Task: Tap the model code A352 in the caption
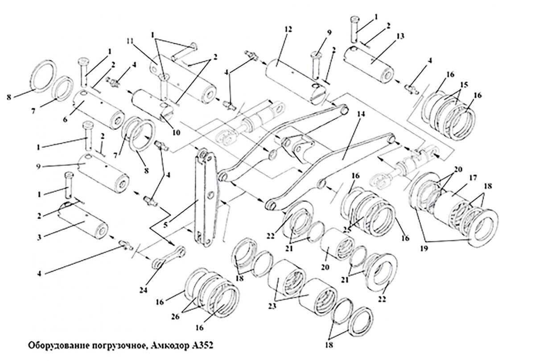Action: pyautogui.click(x=202, y=346)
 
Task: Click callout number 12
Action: pyautogui.click(x=288, y=29)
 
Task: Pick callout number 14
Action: pyautogui.click(x=361, y=114)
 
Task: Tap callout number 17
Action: pyautogui.click(x=473, y=178)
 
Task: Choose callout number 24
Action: pyautogui.click(x=144, y=290)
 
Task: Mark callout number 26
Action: pyautogui.click(x=175, y=316)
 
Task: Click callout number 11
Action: pyautogui.click(x=130, y=41)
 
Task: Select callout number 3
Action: pyautogui.click(x=39, y=237)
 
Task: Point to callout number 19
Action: pyautogui.click(x=424, y=249)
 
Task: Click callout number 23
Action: pyautogui.click(x=272, y=306)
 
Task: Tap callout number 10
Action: pyautogui.click(x=176, y=132)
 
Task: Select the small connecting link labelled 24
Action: pyautogui.click(x=169, y=257)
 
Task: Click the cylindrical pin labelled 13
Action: pyautogui.click(x=369, y=64)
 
